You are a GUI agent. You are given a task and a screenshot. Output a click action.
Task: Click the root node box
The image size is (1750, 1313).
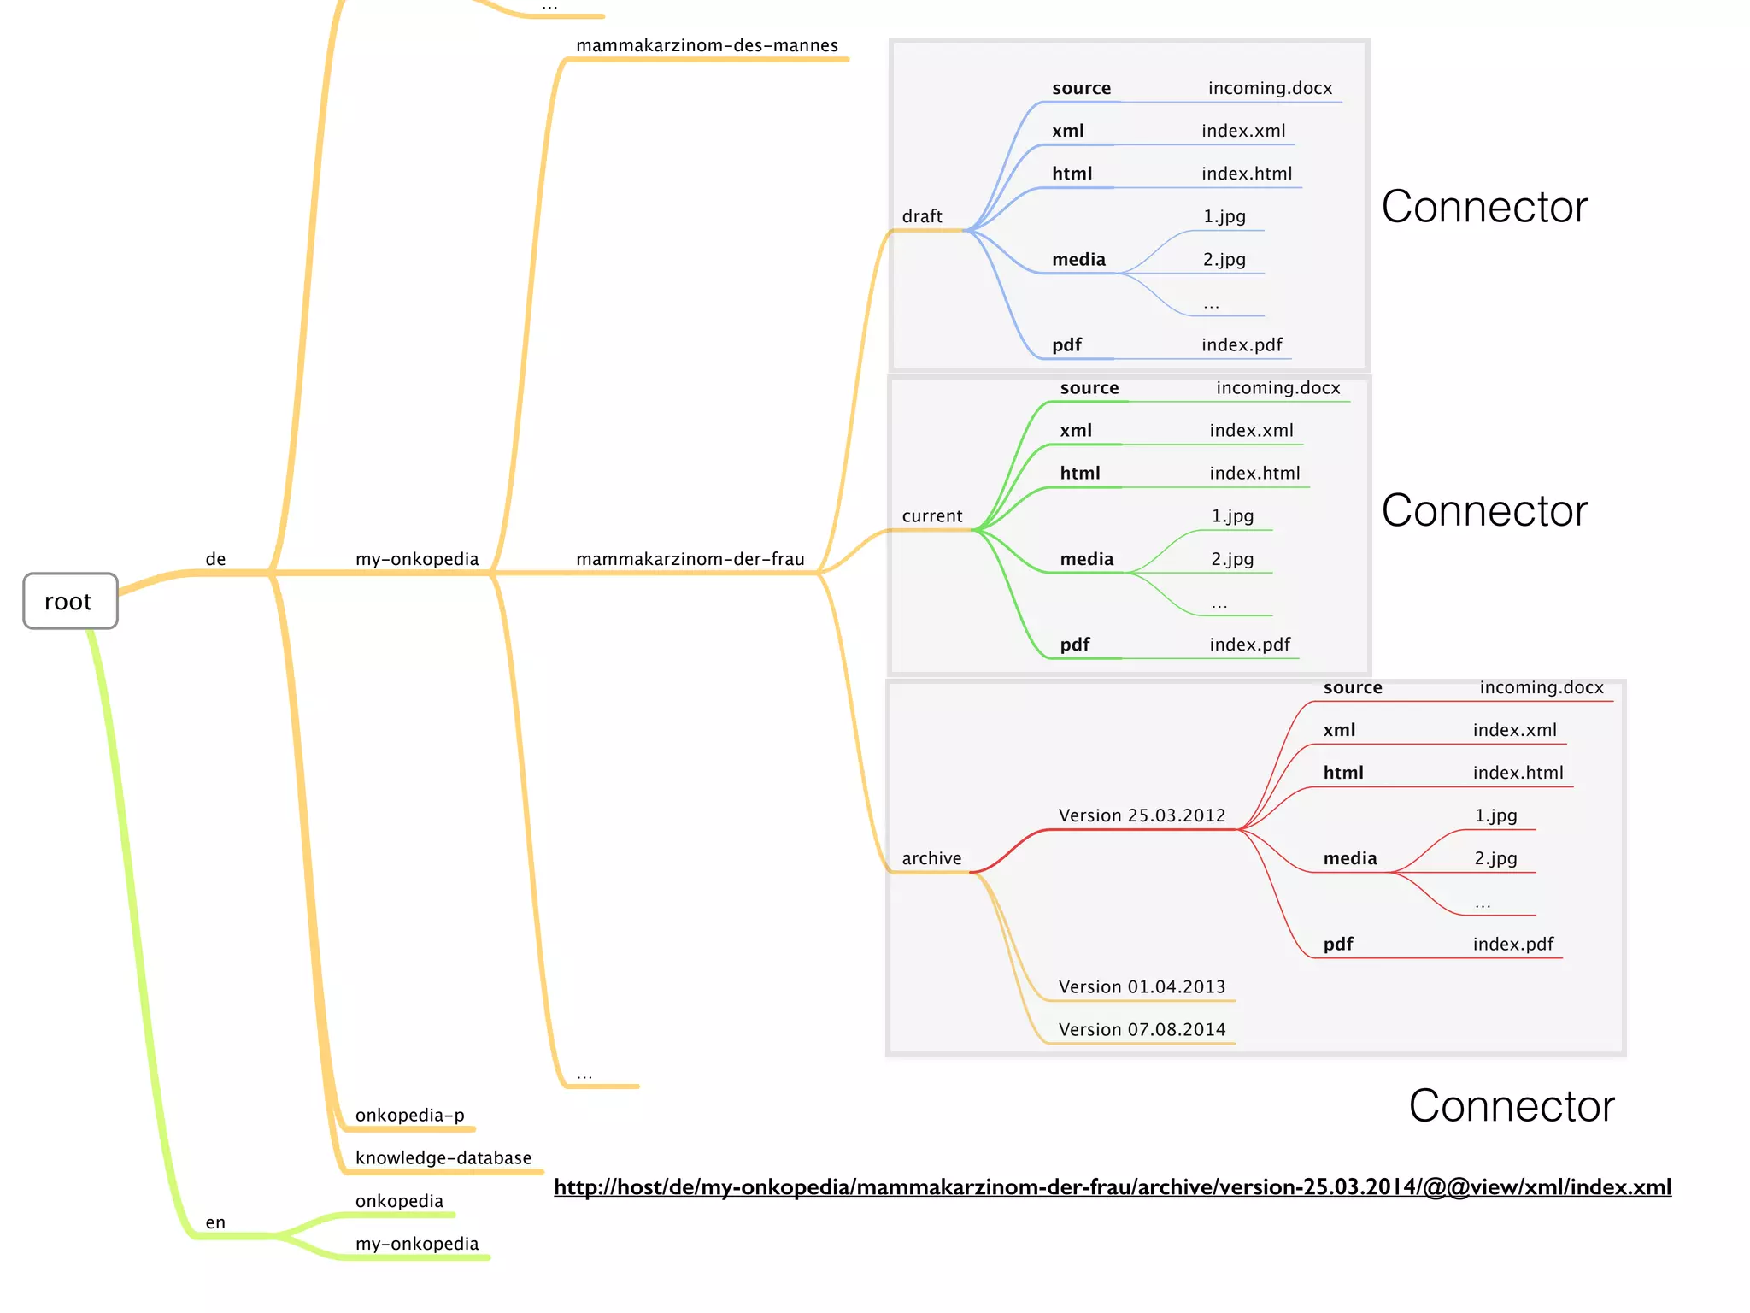click(70, 601)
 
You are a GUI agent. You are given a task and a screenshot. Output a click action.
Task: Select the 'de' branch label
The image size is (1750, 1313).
click(215, 559)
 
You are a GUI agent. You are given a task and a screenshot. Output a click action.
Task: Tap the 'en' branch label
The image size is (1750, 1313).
click(215, 1222)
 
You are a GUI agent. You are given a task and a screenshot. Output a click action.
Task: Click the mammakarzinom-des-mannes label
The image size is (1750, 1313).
click(707, 45)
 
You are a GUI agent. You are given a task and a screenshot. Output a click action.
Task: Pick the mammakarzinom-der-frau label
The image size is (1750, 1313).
click(690, 559)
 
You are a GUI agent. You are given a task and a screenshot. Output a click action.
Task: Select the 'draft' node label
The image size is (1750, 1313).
click(922, 216)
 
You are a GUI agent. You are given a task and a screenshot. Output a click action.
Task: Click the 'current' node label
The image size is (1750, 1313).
click(931, 516)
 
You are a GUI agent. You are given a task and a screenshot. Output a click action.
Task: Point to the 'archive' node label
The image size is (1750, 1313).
click(931, 858)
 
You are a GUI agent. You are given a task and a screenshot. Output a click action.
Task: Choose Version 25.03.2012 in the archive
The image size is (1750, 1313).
click(1142, 815)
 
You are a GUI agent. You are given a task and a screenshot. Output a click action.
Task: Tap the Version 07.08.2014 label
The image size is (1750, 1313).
click(1142, 1029)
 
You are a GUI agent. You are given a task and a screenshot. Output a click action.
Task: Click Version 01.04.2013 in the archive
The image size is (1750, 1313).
click(1142, 986)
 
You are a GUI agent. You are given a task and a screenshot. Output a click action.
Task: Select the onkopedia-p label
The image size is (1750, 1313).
click(410, 1115)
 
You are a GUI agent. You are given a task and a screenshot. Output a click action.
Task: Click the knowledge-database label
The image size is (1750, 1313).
click(443, 1157)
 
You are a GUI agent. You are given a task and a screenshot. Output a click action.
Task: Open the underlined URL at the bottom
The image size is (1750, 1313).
click(1112, 1186)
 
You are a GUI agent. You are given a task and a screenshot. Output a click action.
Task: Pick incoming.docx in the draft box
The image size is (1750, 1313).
click(1270, 88)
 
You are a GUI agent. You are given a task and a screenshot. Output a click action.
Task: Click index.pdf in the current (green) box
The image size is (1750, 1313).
click(1249, 645)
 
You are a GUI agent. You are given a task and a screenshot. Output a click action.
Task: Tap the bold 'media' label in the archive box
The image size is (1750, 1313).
click(1350, 858)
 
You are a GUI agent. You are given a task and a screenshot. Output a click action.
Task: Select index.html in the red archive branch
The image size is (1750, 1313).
click(1518, 773)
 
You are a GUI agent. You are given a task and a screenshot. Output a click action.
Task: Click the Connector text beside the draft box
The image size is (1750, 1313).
click(1484, 207)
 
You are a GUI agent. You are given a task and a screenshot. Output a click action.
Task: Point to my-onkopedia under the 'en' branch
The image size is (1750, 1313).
click(417, 1244)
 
